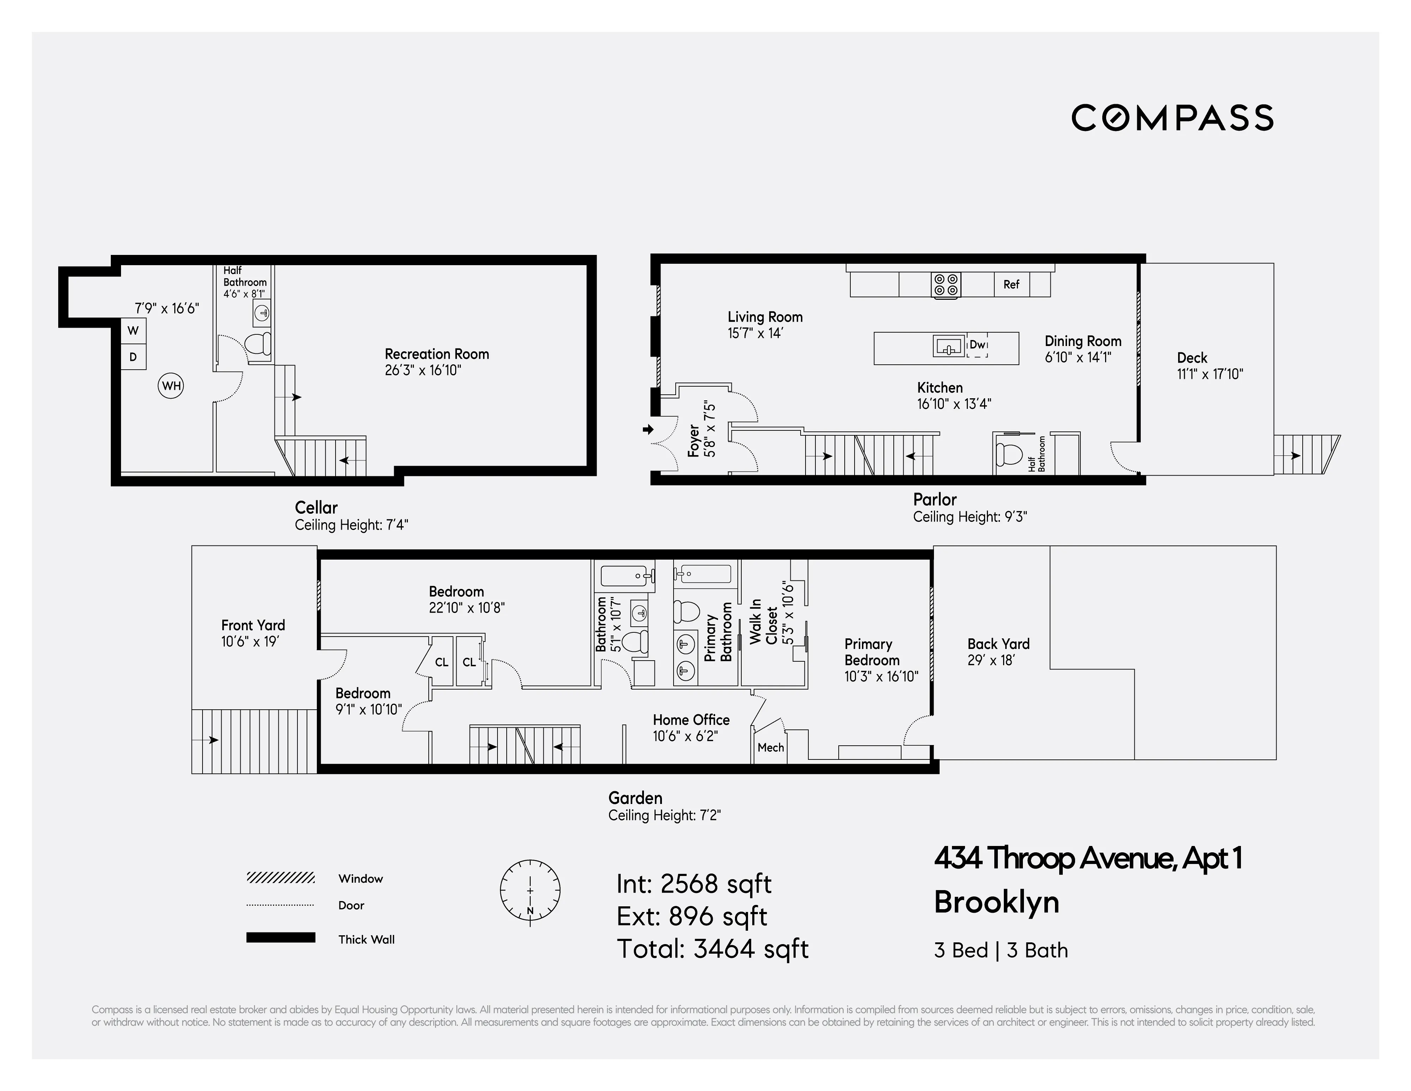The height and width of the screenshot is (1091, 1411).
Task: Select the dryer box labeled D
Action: [x=133, y=357]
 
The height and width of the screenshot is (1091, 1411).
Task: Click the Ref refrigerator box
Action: [x=1011, y=284]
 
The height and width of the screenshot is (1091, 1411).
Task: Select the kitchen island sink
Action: [x=948, y=347]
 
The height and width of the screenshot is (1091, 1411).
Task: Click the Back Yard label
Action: [x=998, y=644]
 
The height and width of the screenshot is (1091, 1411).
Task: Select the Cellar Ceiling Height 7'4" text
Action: [x=351, y=525]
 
